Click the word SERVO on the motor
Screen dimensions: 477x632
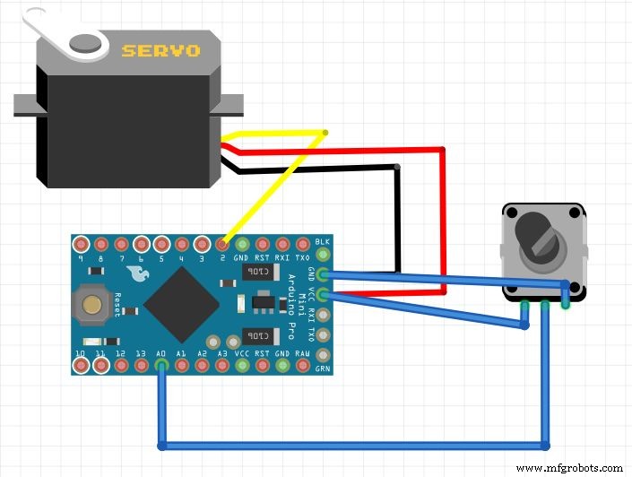click(x=160, y=50)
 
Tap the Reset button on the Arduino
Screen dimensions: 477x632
click(x=91, y=303)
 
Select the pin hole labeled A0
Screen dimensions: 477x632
click(x=160, y=366)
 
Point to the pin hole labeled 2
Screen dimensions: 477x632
click(x=221, y=244)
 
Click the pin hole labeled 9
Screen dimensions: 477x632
click(x=81, y=244)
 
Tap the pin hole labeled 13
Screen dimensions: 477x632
click(x=141, y=366)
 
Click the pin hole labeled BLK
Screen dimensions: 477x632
click(x=323, y=244)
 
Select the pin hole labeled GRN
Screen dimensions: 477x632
click(x=323, y=366)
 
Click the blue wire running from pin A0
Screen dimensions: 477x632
click(x=359, y=445)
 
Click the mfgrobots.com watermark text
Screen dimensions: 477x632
click(x=569, y=467)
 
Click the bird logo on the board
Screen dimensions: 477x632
click(x=138, y=273)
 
